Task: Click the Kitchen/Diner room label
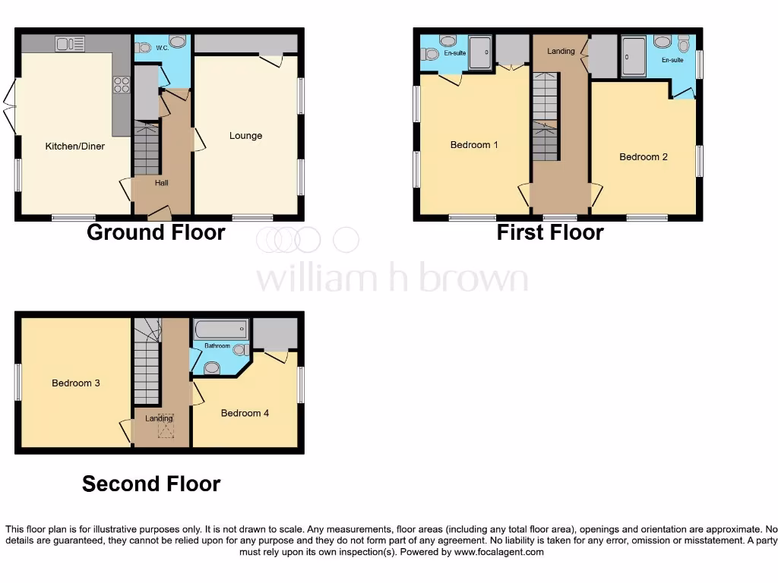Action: point(74,146)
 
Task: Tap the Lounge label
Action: point(245,136)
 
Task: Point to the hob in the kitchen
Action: point(122,84)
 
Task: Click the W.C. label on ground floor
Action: point(162,48)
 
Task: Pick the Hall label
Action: point(162,183)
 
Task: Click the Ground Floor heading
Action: point(156,232)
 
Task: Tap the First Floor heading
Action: point(550,232)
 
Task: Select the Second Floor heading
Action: point(151,484)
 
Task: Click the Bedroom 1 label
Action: point(474,144)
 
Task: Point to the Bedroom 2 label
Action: point(644,157)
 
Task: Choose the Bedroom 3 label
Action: point(76,383)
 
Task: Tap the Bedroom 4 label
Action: point(245,413)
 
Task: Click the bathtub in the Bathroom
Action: point(221,330)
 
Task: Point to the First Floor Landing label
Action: point(561,52)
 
